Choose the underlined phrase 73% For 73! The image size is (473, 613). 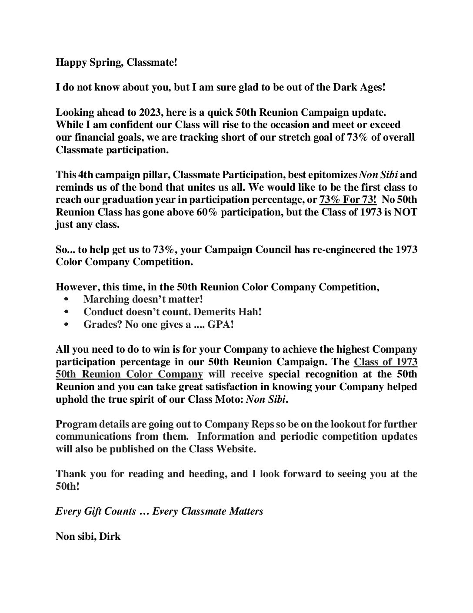pos(348,200)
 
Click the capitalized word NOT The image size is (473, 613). pos(405,213)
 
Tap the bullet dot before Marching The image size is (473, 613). pos(66,300)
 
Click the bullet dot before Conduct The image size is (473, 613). pos(66,312)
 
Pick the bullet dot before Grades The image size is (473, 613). pos(66,325)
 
